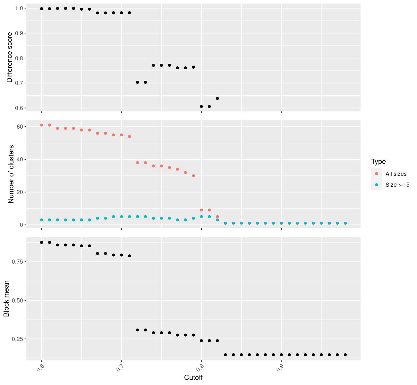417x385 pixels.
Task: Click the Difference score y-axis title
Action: point(10,57)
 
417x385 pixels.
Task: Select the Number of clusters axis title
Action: point(11,174)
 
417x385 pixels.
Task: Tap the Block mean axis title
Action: point(6,298)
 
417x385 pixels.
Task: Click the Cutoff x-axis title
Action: point(193,378)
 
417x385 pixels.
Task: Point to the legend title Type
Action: point(378,162)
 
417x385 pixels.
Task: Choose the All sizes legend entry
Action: point(396,174)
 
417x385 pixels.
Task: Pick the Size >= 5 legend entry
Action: point(397,185)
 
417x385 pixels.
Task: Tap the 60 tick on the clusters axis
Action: point(20,127)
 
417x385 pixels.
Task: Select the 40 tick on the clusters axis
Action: point(20,159)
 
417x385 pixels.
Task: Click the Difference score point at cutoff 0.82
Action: point(217,98)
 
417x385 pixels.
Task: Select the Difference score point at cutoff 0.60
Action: point(41,9)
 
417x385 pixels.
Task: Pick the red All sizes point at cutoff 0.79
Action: point(193,176)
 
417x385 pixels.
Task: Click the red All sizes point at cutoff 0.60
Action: point(41,125)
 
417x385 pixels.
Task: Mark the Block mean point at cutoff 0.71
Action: point(130,256)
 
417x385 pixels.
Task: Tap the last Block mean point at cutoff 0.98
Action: point(345,355)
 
